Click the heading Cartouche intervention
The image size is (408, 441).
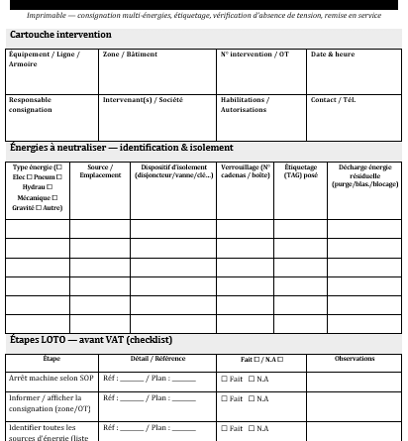[60, 35]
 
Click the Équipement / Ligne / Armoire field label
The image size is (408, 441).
[44, 58]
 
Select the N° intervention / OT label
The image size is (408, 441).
[255, 55]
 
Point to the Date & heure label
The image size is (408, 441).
[333, 55]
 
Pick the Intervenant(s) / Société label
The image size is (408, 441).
[143, 100]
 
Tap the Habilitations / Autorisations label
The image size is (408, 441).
[245, 104]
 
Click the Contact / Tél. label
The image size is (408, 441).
[337, 100]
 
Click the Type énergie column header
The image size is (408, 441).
[38, 187]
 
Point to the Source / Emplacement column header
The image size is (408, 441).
[100, 171]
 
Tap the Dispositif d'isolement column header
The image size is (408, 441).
[174, 171]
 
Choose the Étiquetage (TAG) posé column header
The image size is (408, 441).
[301, 171]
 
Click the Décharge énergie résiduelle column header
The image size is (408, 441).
[364, 175]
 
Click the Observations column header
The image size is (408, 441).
[355, 359]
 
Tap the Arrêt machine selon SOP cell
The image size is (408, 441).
[51, 379]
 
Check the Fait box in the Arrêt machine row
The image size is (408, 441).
[225, 380]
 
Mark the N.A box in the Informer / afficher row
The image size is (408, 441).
[252, 399]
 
